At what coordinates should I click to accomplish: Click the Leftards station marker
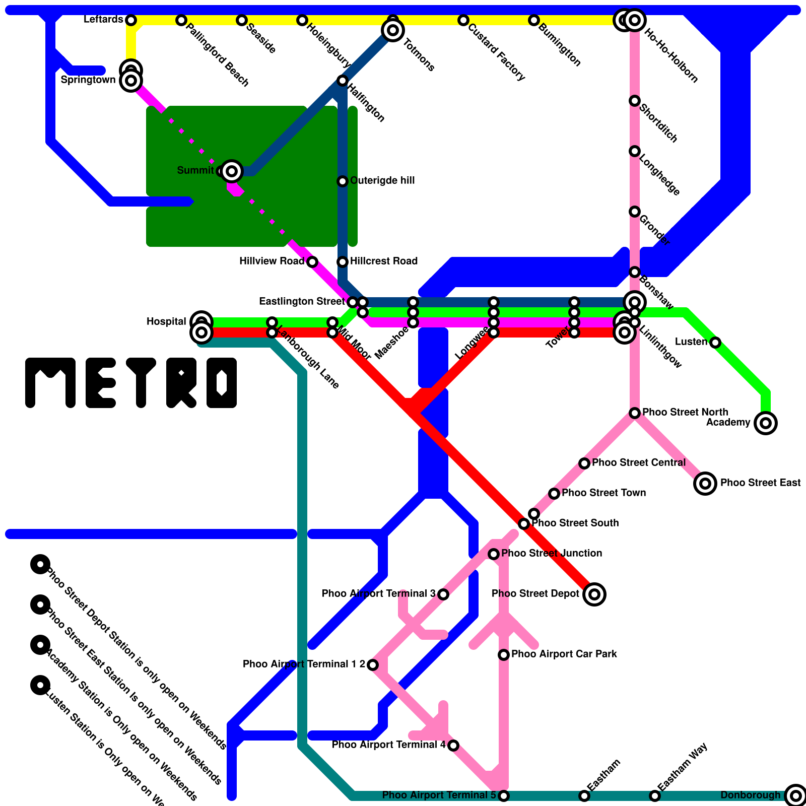click(x=131, y=20)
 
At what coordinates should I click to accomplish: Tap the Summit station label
click(x=195, y=171)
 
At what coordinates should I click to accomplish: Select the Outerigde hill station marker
click(x=343, y=181)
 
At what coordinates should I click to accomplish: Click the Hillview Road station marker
click(x=312, y=262)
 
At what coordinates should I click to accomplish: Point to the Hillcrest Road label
click(x=384, y=261)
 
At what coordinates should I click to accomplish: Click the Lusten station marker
click(x=715, y=343)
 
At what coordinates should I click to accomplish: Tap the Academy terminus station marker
click(x=766, y=423)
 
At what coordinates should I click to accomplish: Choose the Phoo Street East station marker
click(x=705, y=484)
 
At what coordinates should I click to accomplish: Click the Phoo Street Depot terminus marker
click(x=594, y=594)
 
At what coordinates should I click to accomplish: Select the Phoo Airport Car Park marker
click(x=504, y=655)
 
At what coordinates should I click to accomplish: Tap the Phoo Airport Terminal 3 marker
click(x=443, y=594)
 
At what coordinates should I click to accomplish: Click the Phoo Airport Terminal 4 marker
click(x=453, y=746)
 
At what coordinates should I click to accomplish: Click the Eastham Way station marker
click(x=655, y=796)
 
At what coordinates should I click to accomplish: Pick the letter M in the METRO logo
click(x=50, y=383)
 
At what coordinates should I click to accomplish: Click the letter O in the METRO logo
click(x=222, y=383)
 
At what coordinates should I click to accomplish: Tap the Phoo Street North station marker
click(x=635, y=413)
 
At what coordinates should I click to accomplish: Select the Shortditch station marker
click(x=635, y=101)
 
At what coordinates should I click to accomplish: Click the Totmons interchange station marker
click(x=393, y=30)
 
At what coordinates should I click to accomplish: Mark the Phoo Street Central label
click(x=639, y=463)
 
